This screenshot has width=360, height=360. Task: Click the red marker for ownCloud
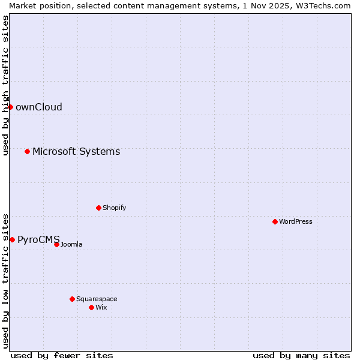pos(10,107)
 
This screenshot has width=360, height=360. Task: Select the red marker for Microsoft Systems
pos(27,151)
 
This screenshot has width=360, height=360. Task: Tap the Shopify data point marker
pos(98,208)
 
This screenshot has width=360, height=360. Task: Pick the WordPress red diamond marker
pos(275,221)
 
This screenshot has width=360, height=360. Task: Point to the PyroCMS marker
pos(12,239)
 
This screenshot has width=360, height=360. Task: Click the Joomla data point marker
pos(56,244)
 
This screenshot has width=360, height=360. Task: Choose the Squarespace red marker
pos(72,299)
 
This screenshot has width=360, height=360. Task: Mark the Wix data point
pos(91,307)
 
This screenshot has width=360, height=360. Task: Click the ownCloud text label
pos(39,107)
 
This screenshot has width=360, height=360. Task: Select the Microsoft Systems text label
pos(76,152)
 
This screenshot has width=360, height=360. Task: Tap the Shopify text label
pos(114,208)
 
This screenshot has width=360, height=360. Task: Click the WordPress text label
pos(296,222)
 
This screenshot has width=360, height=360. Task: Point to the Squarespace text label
pos(97,299)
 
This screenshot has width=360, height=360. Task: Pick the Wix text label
pos(101,308)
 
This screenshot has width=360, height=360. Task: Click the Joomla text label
pos(71,245)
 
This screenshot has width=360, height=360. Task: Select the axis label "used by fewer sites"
pos(62,355)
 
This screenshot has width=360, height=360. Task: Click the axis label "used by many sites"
pos(301,355)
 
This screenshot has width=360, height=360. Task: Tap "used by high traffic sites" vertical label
pos(5,85)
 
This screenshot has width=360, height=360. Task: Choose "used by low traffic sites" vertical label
pos(5,280)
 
